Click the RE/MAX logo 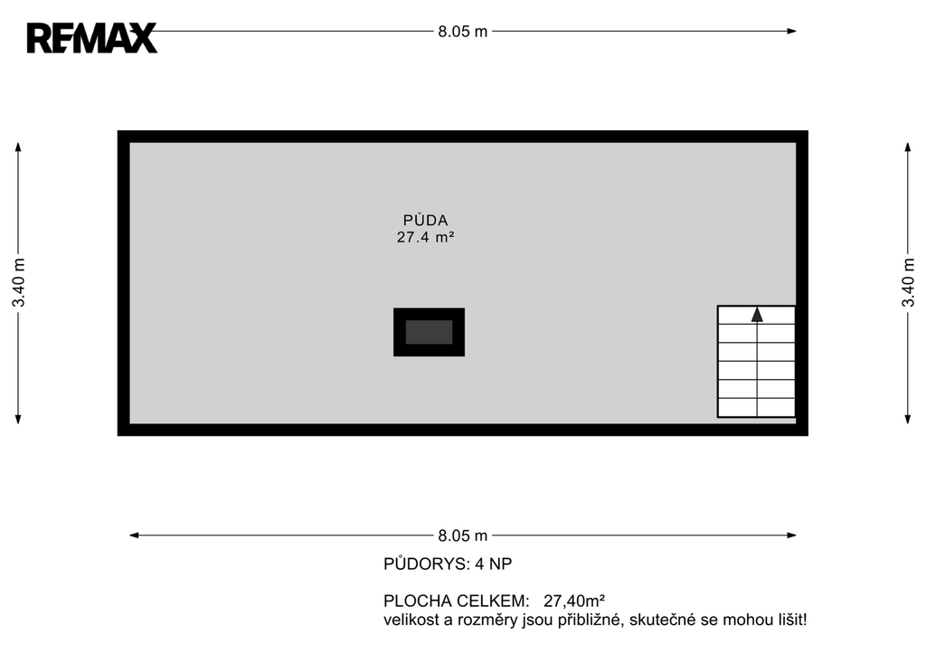(x=92, y=38)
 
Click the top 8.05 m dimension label (x=462, y=32)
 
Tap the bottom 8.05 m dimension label (x=462, y=536)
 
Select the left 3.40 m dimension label (x=19, y=282)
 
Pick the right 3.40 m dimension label (x=908, y=282)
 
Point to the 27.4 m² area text (x=425, y=237)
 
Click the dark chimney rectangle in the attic (x=430, y=332)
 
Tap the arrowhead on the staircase (x=757, y=315)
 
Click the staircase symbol (x=757, y=362)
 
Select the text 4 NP (x=493, y=564)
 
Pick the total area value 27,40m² (x=574, y=601)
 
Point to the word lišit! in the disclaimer (x=792, y=620)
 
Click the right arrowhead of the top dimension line (x=791, y=32)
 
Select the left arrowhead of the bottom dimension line (x=134, y=536)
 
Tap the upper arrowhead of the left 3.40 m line (x=18, y=147)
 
